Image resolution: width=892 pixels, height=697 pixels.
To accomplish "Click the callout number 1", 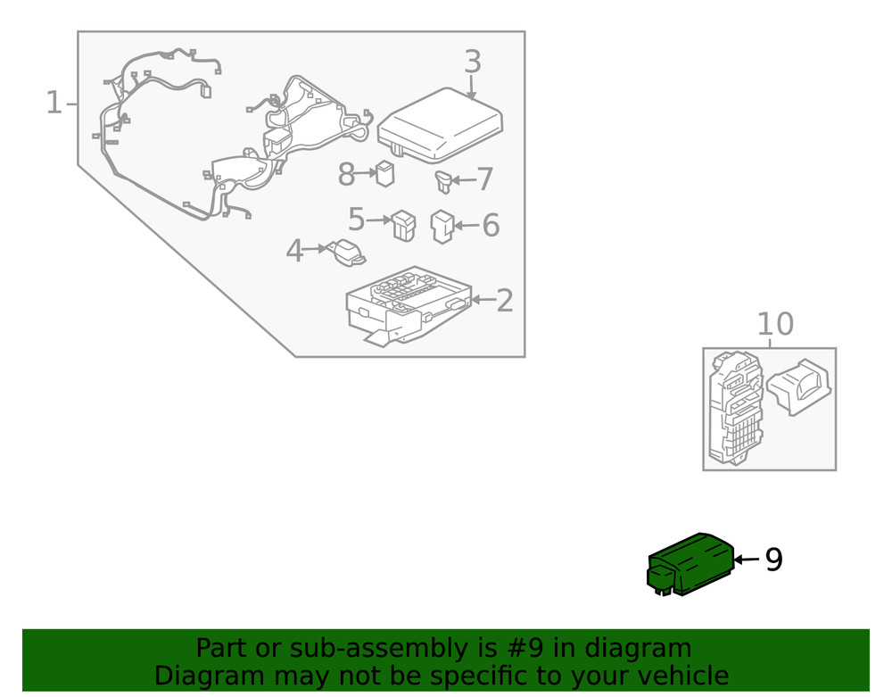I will click(54, 104).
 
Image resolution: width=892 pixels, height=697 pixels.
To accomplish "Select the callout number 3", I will click(472, 62).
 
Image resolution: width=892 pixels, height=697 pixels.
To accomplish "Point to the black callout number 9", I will click(773, 560).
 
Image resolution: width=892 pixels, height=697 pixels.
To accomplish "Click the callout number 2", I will click(504, 301).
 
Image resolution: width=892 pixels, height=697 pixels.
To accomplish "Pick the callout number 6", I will click(491, 226).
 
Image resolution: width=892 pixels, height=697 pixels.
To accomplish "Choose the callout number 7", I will click(484, 179).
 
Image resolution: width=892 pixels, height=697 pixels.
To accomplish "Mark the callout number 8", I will click(347, 175).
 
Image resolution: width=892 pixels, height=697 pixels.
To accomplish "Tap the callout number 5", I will click(357, 219).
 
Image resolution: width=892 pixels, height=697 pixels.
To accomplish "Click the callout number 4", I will click(294, 252).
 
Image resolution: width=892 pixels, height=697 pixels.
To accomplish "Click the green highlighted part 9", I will click(691, 564).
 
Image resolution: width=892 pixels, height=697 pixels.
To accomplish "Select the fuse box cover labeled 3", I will click(440, 126).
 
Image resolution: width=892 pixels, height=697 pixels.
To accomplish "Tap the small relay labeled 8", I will click(384, 173).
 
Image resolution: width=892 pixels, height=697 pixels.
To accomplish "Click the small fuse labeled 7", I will click(442, 181).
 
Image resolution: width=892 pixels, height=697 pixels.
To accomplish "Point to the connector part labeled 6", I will click(442, 226).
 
